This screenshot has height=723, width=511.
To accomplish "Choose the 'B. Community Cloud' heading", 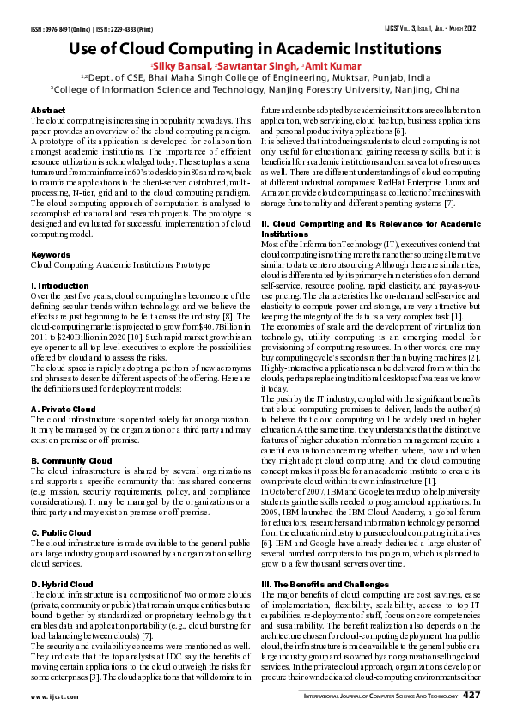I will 71,461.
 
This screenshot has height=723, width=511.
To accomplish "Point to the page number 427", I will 471,696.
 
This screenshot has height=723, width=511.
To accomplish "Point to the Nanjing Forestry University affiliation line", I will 255,88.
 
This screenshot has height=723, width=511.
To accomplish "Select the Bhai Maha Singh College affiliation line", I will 255,77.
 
